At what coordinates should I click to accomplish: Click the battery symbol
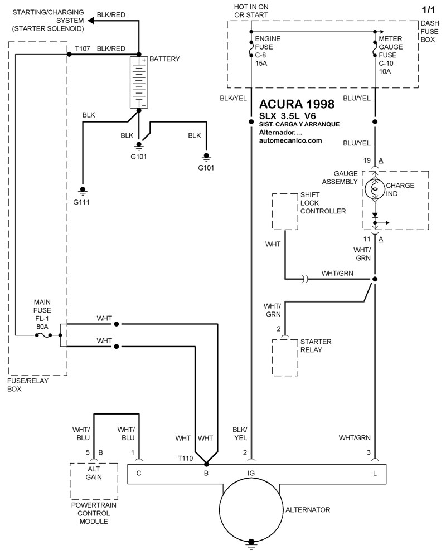pos(139,82)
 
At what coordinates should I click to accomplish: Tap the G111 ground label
pos(81,202)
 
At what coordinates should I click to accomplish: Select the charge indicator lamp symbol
pos(375,189)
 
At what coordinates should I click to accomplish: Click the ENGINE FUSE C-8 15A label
pos(268,51)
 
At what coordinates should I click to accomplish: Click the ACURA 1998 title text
pos(297,104)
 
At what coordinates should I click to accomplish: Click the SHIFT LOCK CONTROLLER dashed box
pos(286,211)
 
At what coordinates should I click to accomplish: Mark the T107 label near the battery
pos(83,48)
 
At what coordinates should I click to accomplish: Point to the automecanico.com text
pos(290,141)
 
